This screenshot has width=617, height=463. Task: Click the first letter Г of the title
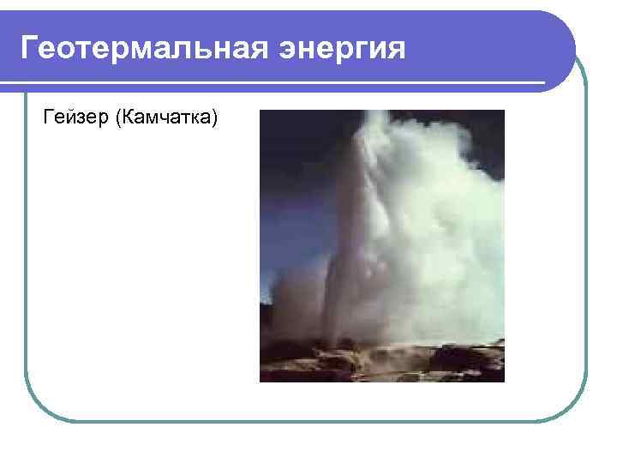31,48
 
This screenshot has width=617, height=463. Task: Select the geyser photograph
381,245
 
